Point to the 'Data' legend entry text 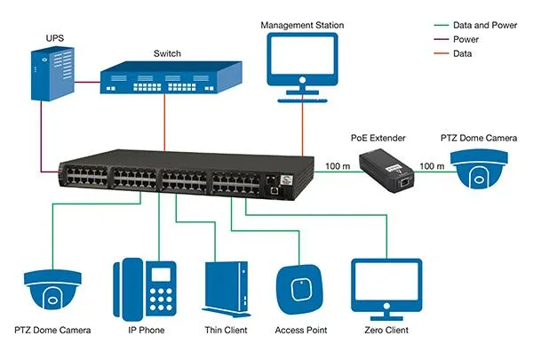[463, 53]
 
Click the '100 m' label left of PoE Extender [338, 165]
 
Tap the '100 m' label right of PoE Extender [432, 165]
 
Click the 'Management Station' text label [302, 25]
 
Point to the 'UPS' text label [54, 38]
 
